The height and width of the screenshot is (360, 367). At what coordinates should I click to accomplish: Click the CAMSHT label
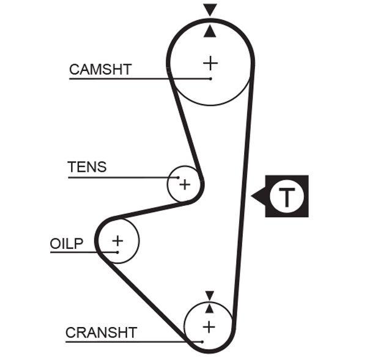point(100,69)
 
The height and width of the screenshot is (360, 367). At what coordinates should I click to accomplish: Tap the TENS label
point(86,167)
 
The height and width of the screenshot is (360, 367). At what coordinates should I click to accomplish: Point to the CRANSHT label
point(101,332)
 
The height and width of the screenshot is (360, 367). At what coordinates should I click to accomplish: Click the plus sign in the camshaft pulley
point(210,62)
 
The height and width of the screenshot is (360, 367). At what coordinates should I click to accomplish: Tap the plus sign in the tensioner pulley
point(185,184)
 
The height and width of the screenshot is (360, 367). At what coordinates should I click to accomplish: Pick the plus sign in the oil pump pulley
point(117,240)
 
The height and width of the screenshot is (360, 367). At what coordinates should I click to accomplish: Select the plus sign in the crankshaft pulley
point(209,326)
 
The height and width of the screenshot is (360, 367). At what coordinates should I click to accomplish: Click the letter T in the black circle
point(286,196)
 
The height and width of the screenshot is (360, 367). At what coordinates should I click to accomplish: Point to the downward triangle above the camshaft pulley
point(210,9)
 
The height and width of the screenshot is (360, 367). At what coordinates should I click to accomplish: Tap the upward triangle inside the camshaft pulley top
point(210,31)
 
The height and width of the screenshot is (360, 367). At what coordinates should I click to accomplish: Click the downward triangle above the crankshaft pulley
point(210,295)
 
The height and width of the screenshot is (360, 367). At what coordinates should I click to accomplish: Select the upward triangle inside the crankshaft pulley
point(210,308)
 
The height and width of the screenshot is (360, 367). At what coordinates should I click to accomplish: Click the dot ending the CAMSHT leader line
point(210,79)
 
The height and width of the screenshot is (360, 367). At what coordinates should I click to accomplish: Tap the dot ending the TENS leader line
point(178,177)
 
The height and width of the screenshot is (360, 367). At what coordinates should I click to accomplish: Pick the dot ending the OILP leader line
point(116,252)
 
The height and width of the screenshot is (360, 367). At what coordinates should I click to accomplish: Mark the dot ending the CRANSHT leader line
point(201,342)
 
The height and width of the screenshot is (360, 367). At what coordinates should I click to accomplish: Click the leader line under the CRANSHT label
point(122,342)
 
